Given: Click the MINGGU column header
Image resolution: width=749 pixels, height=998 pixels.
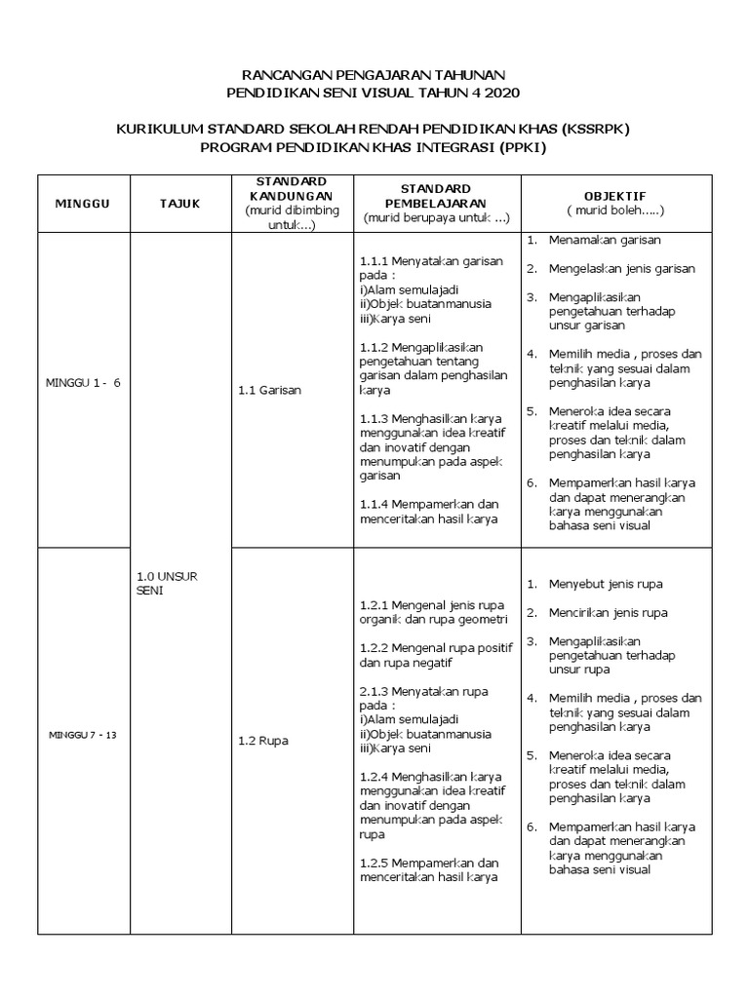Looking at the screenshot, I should (x=84, y=203).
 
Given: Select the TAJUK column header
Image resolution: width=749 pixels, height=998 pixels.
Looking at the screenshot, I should (x=179, y=203).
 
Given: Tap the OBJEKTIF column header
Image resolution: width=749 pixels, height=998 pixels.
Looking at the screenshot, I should (x=615, y=195).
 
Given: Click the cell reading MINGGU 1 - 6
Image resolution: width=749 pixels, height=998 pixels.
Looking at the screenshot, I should (x=84, y=383).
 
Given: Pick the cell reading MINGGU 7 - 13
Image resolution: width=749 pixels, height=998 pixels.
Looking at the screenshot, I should (x=83, y=734).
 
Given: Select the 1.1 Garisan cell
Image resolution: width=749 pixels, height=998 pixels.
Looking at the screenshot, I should (x=269, y=390).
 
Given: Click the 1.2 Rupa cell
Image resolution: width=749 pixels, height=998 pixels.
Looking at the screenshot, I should (x=262, y=740).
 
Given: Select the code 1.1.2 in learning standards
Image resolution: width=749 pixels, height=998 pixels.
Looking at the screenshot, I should (x=375, y=347).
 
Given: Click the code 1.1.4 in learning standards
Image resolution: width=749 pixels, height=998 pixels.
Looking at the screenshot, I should (x=375, y=504).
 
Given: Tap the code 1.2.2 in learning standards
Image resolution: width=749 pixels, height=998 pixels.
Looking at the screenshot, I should (x=375, y=647).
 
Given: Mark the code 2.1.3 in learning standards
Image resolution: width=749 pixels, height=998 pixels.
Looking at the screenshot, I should (x=375, y=691).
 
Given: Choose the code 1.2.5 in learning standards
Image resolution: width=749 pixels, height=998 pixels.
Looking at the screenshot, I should (x=375, y=863).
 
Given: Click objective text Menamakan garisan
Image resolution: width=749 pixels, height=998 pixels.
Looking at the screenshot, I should (x=605, y=240).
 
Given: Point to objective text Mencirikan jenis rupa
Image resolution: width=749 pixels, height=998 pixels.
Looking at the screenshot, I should (x=608, y=613).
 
